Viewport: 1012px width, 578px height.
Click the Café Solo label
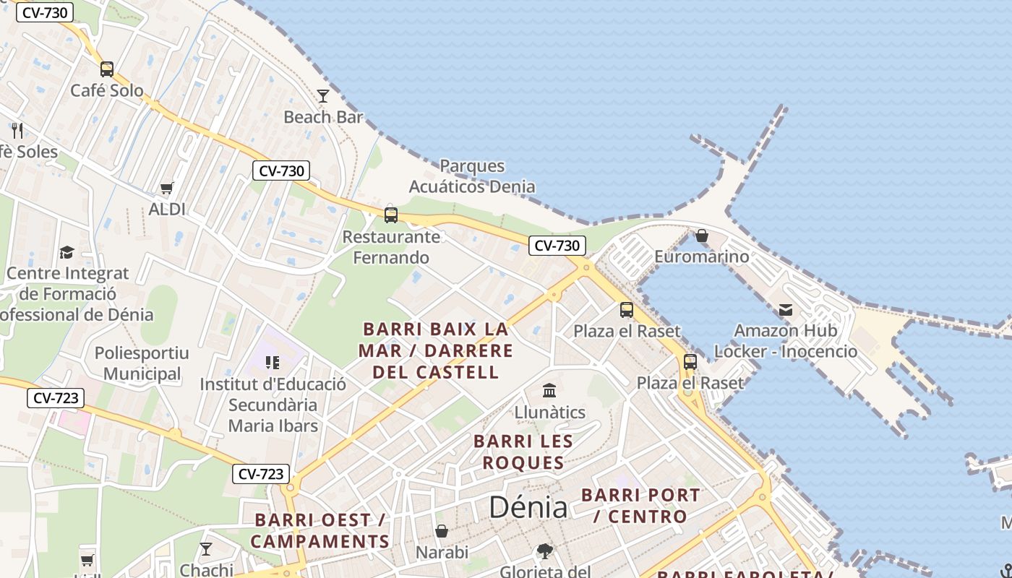pyautogui.click(x=106, y=91)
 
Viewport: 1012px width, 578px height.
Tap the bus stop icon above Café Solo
pyautogui.click(x=107, y=69)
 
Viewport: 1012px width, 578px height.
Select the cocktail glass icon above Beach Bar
pyautogui.click(x=323, y=95)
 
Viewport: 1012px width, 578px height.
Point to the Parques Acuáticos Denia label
pyautogui.click(x=472, y=176)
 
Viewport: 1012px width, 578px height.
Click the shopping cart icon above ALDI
pyautogui.click(x=167, y=188)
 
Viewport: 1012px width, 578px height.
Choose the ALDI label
pyautogui.click(x=167, y=210)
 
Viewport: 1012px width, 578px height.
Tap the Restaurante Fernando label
pyautogui.click(x=391, y=247)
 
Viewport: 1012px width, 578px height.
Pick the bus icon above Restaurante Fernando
pyautogui.click(x=391, y=215)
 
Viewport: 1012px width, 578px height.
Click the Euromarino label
pyautogui.click(x=701, y=256)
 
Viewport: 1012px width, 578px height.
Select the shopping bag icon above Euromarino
pyautogui.click(x=701, y=236)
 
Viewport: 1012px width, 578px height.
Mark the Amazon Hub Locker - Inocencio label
pyautogui.click(x=786, y=341)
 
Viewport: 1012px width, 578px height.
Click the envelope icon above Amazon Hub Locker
pyautogui.click(x=786, y=311)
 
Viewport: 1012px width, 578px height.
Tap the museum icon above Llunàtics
pyautogui.click(x=549, y=391)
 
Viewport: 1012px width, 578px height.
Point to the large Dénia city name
pyautogui.click(x=528, y=507)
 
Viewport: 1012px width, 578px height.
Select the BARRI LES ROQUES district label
pyautogui.click(x=523, y=452)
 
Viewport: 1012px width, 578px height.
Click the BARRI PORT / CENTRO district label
pyautogui.click(x=640, y=506)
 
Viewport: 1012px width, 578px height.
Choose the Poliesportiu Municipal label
pyautogui.click(x=142, y=363)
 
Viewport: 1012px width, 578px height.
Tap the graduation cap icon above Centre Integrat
pyautogui.click(x=67, y=252)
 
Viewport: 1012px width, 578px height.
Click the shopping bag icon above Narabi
pyautogui.click(x=442, y=531)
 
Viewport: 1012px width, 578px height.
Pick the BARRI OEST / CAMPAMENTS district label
pyautogui.click(x=320, y=530)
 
